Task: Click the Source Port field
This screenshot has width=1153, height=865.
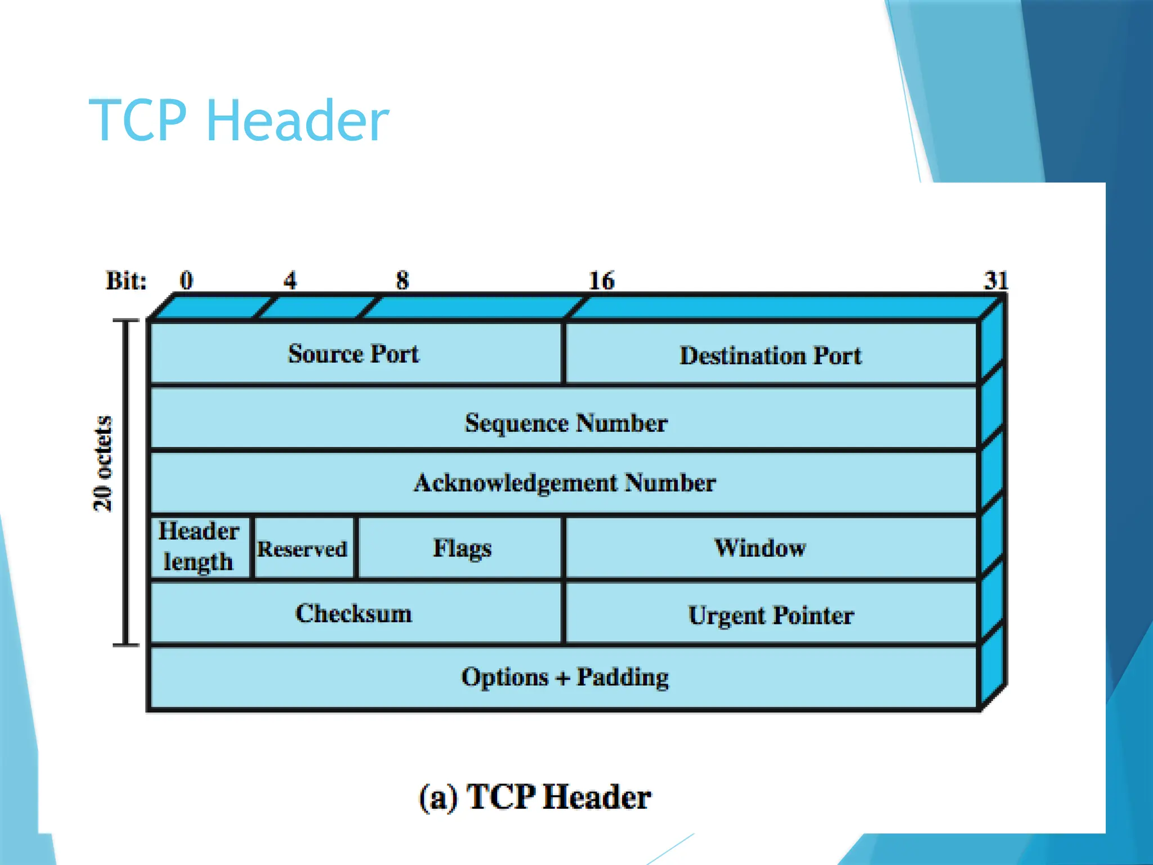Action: [354, 354]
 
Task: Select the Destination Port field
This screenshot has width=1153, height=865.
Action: [770, 355]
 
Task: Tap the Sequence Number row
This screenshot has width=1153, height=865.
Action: [565, 422]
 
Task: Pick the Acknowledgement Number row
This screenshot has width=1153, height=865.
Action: [565, 483]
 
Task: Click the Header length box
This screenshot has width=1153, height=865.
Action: [199, 546]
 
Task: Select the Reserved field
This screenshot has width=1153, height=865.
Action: [302, 549]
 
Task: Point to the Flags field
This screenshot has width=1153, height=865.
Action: [462, 548]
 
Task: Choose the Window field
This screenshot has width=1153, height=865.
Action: [760, 547]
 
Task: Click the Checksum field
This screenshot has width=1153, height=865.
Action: [354, 613]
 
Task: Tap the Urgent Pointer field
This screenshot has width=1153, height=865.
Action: [770, 615]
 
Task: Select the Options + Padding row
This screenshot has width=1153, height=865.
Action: [565, 677]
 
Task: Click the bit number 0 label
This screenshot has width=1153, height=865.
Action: [186, 280]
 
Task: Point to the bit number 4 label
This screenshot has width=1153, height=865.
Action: [290, 280]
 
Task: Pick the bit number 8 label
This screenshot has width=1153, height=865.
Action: [402, 280]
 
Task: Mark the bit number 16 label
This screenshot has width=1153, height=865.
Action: [601, 280]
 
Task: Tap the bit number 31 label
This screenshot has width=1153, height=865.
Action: [995, 280]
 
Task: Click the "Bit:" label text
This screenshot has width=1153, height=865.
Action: [126, 280]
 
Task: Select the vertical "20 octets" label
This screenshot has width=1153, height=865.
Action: [103, 463]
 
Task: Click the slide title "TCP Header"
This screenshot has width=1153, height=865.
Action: [239, 120]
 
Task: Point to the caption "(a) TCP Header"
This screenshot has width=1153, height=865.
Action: [535, 797]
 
